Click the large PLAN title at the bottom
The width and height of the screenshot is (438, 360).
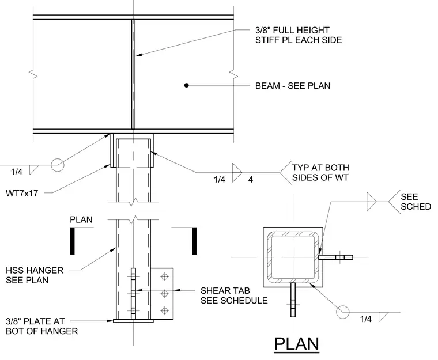[x=296, y=344]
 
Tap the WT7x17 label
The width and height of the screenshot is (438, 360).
[x=22, y=193]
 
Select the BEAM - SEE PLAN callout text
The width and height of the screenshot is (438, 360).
[x=293, y=85]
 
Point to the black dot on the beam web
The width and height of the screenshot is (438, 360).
[x=186, y=85]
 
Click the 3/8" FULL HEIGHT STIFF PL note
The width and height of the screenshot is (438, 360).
[x=299, y=35]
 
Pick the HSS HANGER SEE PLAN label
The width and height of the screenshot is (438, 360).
[x=35, y=275]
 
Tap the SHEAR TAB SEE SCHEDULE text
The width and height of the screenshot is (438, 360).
[x=234, y=295]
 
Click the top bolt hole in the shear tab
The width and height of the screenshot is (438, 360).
[x=164, y=277]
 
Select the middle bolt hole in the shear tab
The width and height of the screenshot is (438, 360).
[x=164, y=294]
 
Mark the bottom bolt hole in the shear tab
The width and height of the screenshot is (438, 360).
[x=164, y=310]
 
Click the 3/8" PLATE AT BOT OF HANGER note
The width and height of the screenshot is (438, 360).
[x=41, y=326]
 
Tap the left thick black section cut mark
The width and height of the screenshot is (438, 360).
[x=73, y=241]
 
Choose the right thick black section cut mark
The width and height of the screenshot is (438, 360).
[x=194, y=241]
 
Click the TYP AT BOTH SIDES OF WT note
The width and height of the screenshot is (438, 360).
[x=320, y=173]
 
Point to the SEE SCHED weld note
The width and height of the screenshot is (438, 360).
[x=416, y=202]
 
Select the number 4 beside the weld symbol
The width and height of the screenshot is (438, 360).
[x=251, y=180]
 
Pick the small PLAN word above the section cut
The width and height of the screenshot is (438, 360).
[x=81, y=219]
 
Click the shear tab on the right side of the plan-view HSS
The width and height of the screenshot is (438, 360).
[x=336, y=257]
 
